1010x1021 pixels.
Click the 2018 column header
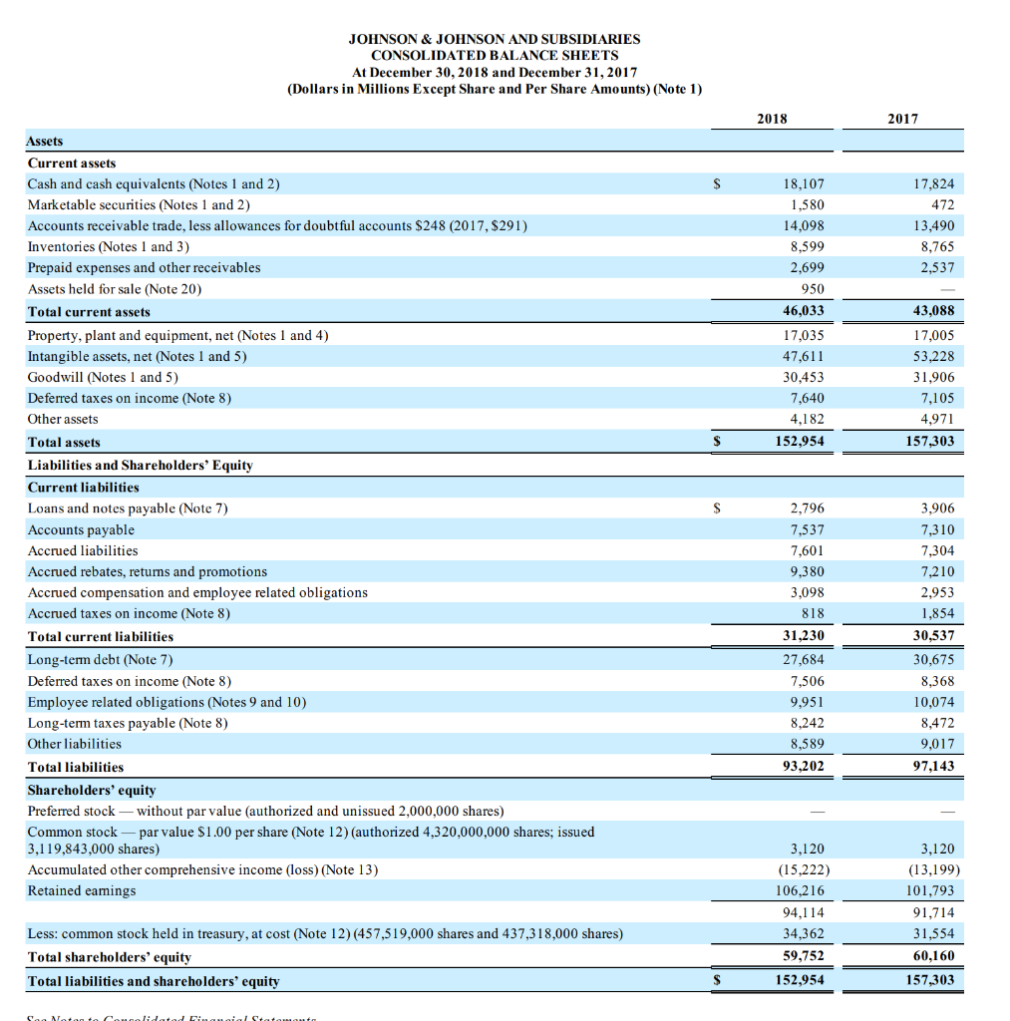(x=772, y=119)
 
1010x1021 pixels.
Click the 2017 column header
(x=902, y=119)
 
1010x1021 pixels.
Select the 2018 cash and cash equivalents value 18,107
(x=806, y=184)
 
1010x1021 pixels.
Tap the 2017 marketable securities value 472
(x=941, y=205)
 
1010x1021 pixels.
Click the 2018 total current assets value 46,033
(x=804, y=311)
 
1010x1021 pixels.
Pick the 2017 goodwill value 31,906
(x=933, y=377)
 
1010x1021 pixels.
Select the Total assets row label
(x=64, y=442)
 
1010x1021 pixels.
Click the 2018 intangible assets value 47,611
(x=804, y=356)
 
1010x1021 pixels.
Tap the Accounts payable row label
(x=81, y=530)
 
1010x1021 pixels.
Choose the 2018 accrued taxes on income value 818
(x=813, y=614)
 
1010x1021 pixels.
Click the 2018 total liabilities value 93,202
(x=804, y=767)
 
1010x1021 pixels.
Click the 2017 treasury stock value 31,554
(x=933, y=934)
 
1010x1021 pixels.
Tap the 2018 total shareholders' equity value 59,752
(x=804, y=957)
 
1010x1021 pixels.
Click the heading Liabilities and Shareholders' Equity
(x=140, y=465)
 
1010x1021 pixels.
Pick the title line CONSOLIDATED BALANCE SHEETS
(x=495, y=56)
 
